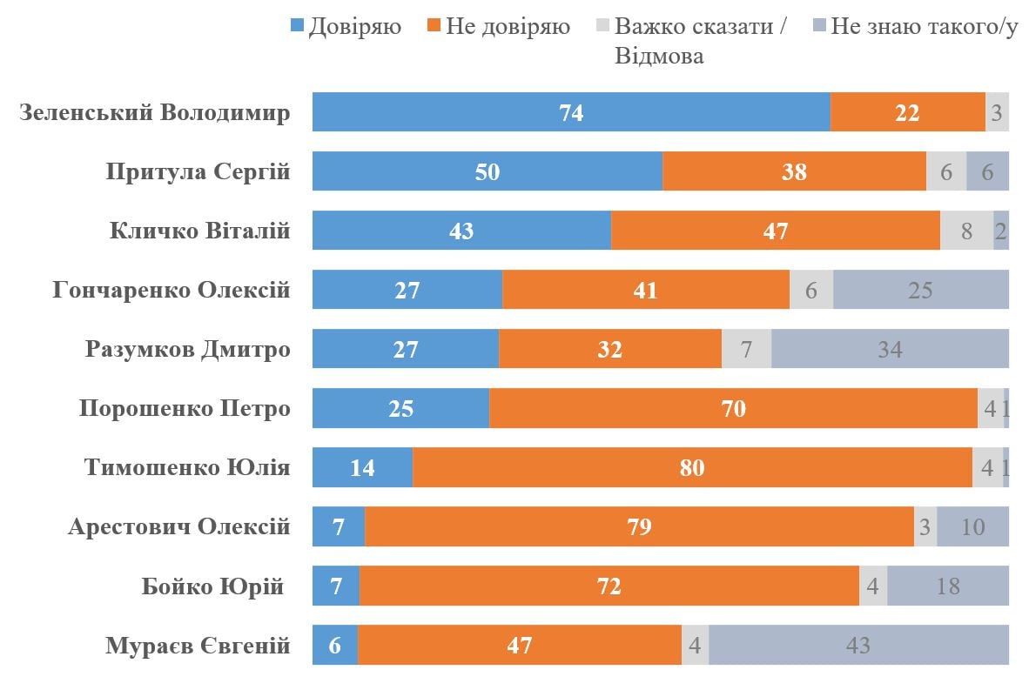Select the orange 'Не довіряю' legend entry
pos(498,27)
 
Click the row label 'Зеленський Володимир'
pos(154,113)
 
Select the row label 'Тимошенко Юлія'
pos(186,467)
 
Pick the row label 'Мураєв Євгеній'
pos(198,646)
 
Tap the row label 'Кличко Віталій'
pos(199,231)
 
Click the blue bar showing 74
pos(571,112)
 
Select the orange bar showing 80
pos(692,467)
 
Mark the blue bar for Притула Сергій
pos(488,171)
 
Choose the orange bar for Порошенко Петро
pos(733,408)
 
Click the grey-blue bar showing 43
pos(858,645)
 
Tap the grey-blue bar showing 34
pos(890,349)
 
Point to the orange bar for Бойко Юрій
pos(609,586)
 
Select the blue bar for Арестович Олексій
pos(338,526)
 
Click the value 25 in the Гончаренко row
pos(920,290)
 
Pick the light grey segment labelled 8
pos(966,231)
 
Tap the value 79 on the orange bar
pos(639,526)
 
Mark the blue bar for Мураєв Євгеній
pos(334,645)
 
